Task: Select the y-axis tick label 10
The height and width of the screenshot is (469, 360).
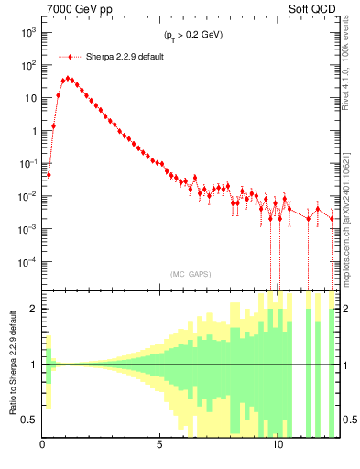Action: point(32,98)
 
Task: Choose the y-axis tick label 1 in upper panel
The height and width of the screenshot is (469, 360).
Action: point(35,131)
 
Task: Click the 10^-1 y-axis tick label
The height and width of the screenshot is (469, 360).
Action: point(30,163)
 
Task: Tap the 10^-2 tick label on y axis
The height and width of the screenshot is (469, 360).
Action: point(30,196)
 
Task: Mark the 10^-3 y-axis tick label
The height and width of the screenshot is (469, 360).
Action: point(30,229)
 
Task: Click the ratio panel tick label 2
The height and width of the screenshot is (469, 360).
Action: point(35,309)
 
